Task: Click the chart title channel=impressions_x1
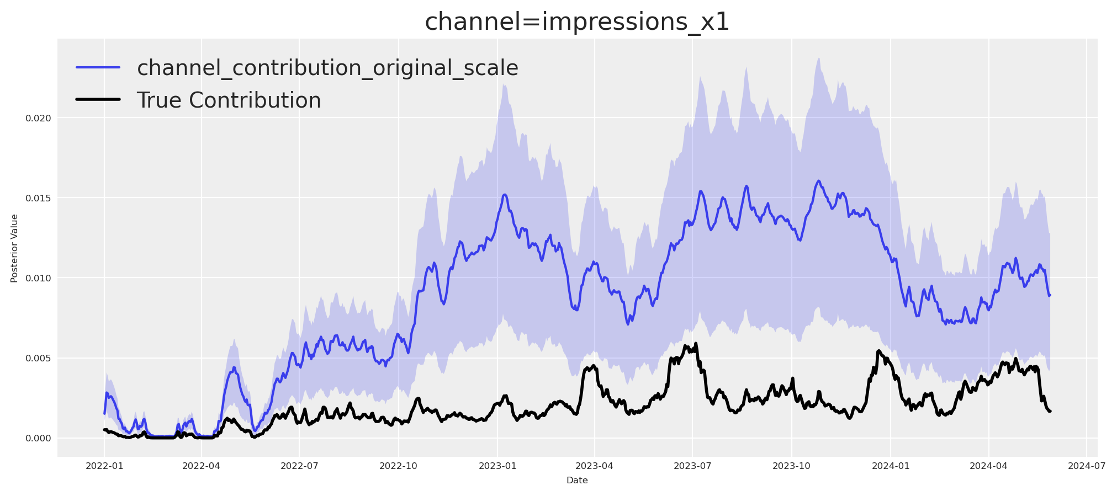[x=577, y=22]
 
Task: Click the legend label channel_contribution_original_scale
[x=327, y=68]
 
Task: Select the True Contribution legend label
[x=229, y=100]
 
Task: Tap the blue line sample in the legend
[x=98, y=67]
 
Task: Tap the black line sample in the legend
[x=98, y=100]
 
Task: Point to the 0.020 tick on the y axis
[x=38, y=118]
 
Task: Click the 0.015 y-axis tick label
[x=38, y=198]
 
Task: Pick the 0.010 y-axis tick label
[x=38, y=278]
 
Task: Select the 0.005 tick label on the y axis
[x=38, y=359]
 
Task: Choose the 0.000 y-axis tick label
[x=38, y=439]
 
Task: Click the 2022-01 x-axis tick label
[x=104, y=466]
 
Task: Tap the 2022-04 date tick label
[x=201, y=466]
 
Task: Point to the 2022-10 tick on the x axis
[x=398, y=466]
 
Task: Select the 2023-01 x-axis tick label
[x=497, y=466]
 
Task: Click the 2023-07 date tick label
[x=692, y=466]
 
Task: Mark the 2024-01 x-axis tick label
[x=890, y=466]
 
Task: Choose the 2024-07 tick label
[x=1086, y=466]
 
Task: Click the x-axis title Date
[x=577, y=481]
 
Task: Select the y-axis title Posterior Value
[x=14, y=248]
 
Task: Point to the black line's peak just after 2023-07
[x=696, y=344]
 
